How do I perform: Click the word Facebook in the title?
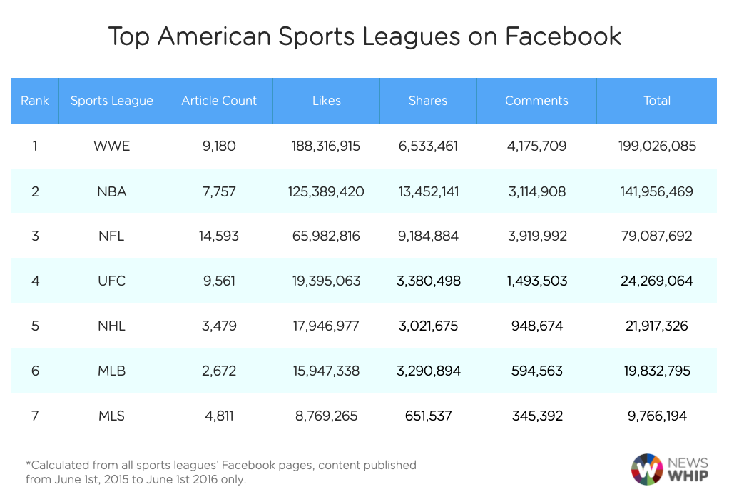[563, 36]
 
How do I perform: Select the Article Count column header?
[219, 101]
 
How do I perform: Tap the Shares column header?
[428, 101]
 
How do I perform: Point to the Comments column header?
[536, 101]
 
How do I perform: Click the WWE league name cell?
[111, 146]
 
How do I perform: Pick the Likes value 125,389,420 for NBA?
[326, 191]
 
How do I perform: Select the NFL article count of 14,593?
[219, 236]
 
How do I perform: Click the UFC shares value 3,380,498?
[428, 281]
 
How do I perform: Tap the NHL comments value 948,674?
[536, 326]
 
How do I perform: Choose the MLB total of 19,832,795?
[656, 371]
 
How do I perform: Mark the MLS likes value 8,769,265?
[326, 416]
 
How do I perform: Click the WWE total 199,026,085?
[656, 146]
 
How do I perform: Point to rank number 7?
[34, 416]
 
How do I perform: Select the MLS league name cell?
[111, 416]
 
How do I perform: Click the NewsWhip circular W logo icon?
[647, 469]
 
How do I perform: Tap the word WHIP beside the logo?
[688, 476]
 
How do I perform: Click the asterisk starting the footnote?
[29, 464]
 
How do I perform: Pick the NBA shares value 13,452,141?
[428, 191]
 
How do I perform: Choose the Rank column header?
[34, 101]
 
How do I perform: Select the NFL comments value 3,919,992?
[536, 236]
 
